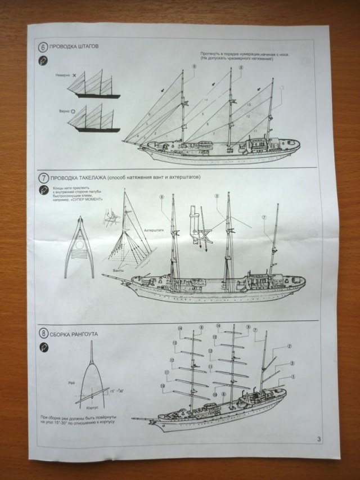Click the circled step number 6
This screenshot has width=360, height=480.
pos(43,46)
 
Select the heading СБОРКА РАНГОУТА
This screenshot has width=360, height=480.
pos(74,334)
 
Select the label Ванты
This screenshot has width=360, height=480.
pos(118,271)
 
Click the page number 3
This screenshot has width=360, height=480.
pos(319,439)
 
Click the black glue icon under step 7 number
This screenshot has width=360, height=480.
pos(43,191)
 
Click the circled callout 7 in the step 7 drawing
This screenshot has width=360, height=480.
pos(263,217)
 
